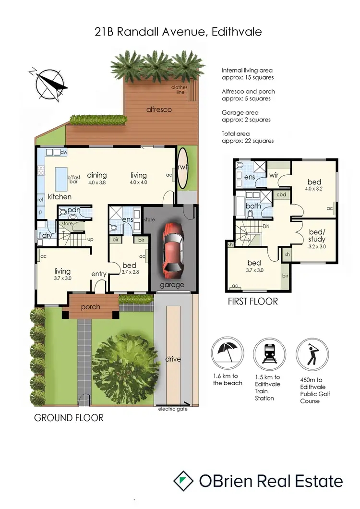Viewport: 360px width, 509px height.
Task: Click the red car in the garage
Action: pos(171,251)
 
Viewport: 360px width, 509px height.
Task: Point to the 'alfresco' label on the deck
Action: pos(159,109)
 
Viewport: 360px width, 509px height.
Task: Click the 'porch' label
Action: pos(90,307)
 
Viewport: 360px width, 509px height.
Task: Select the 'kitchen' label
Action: pos(60,197)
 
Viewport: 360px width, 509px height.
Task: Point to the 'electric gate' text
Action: pos(173,409)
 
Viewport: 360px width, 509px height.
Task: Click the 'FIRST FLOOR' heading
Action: pos(253,302)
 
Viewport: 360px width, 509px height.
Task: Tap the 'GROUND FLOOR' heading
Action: pos(69,418)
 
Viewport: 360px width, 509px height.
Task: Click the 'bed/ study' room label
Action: pos(316,236)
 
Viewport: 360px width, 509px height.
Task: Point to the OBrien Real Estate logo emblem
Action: pos(183,481)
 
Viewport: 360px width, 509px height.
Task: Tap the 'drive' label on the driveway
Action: pos(173,359)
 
